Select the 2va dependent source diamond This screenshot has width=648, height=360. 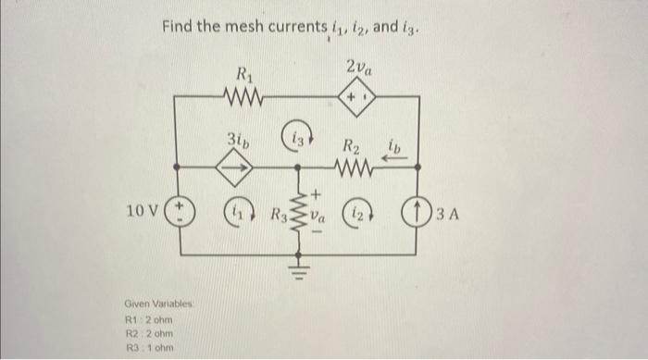359,96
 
